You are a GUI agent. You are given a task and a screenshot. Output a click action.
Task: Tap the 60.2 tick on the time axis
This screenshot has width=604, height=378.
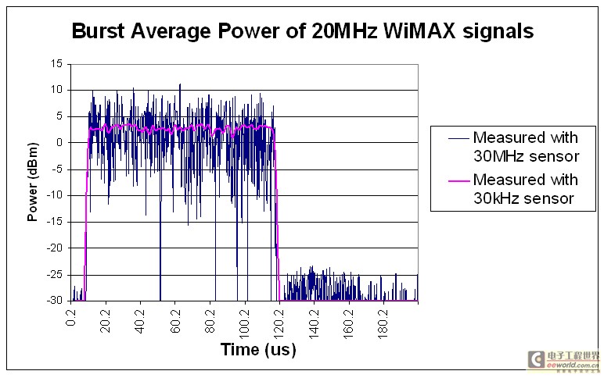tap(177, 319)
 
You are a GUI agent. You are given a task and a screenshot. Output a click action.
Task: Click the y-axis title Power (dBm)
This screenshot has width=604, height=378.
tap(33, 182)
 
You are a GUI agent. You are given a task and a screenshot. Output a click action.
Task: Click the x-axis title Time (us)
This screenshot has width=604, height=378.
tap(258, 349)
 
